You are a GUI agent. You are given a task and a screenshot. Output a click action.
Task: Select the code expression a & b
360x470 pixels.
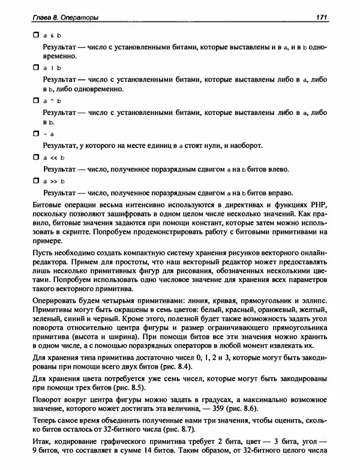tap(52, 35)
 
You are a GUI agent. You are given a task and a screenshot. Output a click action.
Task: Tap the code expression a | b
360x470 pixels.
tap(52, 69)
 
